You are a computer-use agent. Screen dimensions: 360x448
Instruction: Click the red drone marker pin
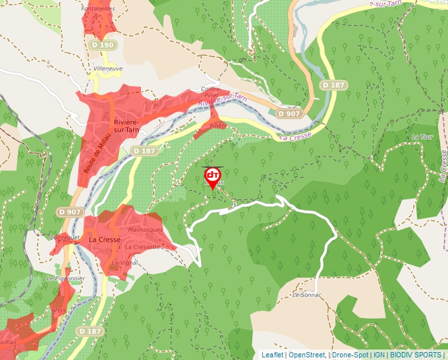[212, 176]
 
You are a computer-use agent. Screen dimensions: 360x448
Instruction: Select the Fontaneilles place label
[98, 9]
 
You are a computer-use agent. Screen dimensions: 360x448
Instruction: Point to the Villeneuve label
[109, 68]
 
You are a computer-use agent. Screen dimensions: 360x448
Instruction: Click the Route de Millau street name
[90, 153]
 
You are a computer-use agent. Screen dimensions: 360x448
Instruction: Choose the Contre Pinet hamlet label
[210, 92]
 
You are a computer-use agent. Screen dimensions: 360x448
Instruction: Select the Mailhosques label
[146, 230]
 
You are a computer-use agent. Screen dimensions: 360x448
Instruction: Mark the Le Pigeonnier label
[66, 278]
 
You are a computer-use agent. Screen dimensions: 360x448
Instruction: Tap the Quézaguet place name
[65, 236]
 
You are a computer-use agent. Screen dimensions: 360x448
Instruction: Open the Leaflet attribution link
[272, 355]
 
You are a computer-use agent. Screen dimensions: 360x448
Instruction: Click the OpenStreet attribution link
[306, 355]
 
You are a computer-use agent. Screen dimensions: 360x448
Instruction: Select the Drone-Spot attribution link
[350, 355]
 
